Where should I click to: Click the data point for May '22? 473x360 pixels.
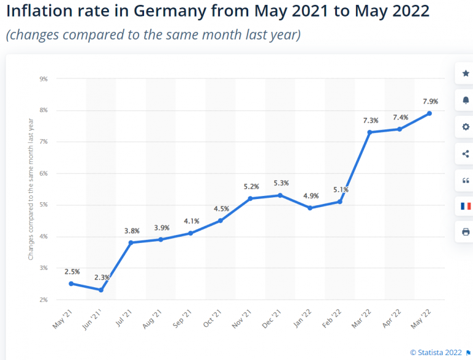(x=429, y=113)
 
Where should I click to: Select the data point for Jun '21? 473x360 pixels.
(x=100, y=290)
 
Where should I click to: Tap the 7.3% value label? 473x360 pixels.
(x=370, y=120)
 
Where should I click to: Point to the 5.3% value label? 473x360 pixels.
(x=280, y=183)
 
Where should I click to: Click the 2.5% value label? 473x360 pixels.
(x=71, y=271)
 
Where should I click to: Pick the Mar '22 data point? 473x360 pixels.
(x=370, y=132)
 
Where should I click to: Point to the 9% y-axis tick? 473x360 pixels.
(x=44, y=79)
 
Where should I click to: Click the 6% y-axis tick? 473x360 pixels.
(x=44, y=173)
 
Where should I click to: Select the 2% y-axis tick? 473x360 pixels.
(x=44, y=300)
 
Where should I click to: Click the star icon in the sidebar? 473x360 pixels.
(x=466, y=73)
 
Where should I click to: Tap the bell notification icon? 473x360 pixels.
(x=466, y=100)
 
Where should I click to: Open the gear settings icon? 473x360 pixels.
(x=466, y=127)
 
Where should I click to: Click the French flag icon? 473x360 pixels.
(x=466, y=206)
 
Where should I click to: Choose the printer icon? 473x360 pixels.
(x=466, y=232)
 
